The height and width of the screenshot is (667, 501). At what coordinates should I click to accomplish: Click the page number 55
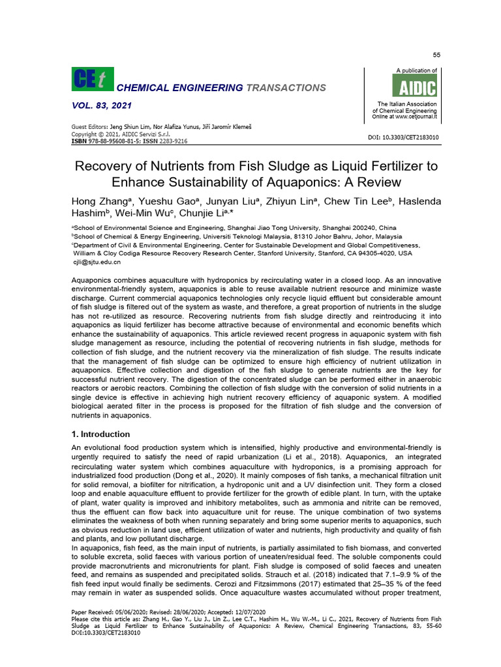(x=436, y=55)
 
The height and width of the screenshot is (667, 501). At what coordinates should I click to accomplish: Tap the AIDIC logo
(x=414, y=85)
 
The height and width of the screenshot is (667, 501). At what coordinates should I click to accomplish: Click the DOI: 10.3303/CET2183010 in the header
(x=404, y=137)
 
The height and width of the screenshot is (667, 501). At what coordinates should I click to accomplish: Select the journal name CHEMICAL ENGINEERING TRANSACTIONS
(x=220, y=87)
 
